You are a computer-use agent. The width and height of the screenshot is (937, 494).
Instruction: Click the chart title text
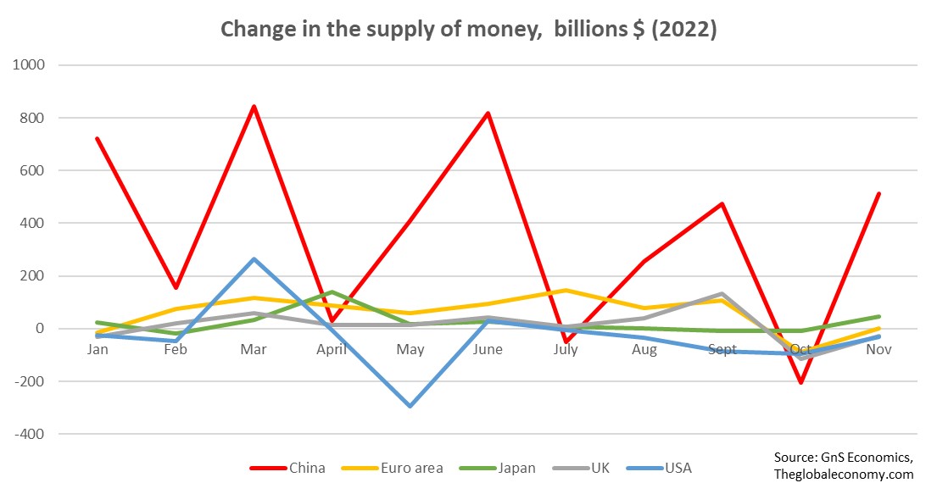[468, 30]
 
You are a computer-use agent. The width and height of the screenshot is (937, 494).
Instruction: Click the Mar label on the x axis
[254, 349]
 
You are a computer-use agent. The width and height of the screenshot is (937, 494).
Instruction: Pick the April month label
[332, 349]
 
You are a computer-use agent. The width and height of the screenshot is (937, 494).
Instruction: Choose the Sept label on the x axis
[722, 349]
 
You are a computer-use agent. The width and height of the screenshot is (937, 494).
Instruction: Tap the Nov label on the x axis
[878, 349]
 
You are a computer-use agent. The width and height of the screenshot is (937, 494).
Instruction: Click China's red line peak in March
[254, 107]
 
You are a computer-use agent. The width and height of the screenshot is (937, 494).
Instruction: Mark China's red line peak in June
[488, 113]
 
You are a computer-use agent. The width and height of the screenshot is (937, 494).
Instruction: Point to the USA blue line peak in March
[254, 259]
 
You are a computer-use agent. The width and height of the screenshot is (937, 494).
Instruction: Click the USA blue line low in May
[410, 406]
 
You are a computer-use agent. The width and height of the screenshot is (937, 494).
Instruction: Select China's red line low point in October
[800, 382]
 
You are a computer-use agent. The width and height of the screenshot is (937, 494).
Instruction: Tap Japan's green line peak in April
[332, 291]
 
